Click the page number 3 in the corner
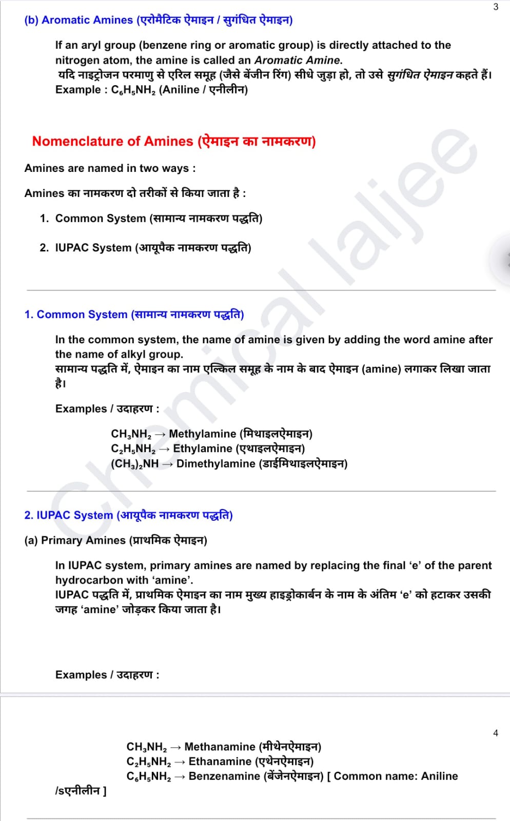tap(496, 7)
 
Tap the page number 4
tap(496, 733)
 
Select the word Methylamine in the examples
tap(202, 434)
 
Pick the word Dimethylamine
tap(215, 464)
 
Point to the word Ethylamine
tap(203, 449)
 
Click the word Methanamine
tap(220, 747)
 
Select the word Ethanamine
tap(220, 761)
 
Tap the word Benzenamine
tap(224, 776)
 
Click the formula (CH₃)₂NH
tap(135, 464)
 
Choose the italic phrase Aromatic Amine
tap(297, 60)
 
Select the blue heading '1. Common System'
tap(76, 315)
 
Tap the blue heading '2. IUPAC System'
tap(68, 515)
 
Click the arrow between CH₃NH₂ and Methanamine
tap(175, 747)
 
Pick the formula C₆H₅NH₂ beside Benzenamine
tap(149, 776)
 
